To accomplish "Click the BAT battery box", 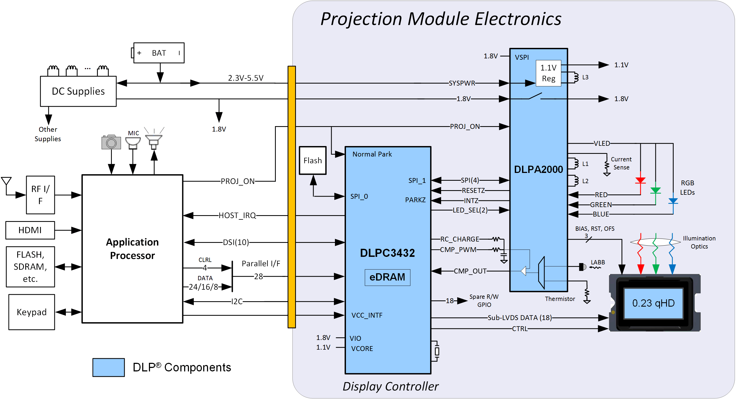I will pyautogui.click(x=159, y=53).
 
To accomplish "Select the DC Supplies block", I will pyautogui.click(x=78, y=91).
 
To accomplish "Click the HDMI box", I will pyautogui.click(x=30, y=230).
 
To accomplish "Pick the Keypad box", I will pyautogui.click(x=31, y=312).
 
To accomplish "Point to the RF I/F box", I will pyautogui.click(x=40, y=195).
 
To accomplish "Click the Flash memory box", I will pyautogui.click(x=313, y=160).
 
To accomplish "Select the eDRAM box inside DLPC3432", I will pyautogui.click(x=387, y=277).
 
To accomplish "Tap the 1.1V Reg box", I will pyautogui.click(x=548, y=73).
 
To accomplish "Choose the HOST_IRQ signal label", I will pyautogui.click(x=237, y=215).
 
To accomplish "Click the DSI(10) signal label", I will pyautogui.click(x=236, y=242).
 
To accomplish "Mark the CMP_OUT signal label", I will pyautogui.click(x=470, y=271).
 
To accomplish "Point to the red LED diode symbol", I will pyautogui.click(x=640, y=180).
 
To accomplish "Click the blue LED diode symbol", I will pyautogui.click(x=673, y=201).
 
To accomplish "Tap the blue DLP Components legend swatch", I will pyautogui.click(x=108, y=367).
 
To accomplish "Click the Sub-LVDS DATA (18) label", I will pyautogui.click(x=519, y=318).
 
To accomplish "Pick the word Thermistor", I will pyautogui.click(x=560, y=299).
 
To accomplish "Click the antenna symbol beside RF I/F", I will pyautogui.click(x=6, y=182).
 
